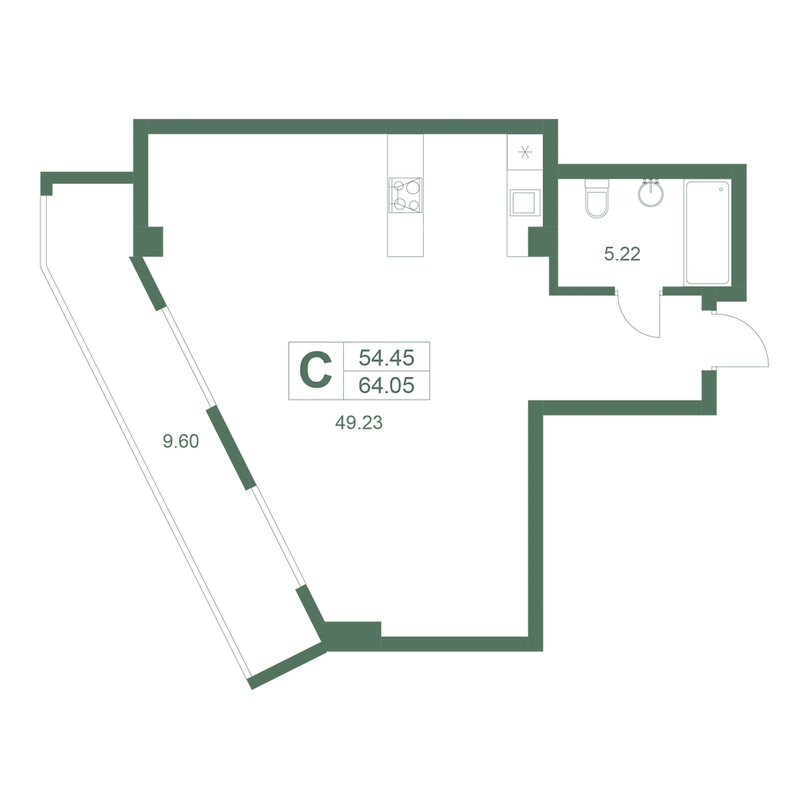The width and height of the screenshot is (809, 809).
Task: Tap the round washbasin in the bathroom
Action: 650,194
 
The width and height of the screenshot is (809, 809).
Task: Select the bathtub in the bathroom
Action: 707,232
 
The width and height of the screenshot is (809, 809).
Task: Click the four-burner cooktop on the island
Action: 405,195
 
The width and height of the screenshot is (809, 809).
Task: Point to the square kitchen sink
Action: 525,202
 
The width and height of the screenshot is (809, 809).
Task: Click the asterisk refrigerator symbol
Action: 525,152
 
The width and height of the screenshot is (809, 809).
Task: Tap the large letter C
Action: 316,371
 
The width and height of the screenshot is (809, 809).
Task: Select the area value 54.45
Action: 387,357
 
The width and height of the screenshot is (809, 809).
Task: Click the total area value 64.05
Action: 387,385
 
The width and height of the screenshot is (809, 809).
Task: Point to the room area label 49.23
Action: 359,423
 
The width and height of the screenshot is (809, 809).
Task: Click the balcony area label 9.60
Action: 180,441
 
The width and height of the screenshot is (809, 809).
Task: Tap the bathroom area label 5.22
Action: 622,254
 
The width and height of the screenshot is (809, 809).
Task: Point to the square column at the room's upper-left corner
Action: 148,241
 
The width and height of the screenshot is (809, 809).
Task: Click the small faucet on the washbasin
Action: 650,183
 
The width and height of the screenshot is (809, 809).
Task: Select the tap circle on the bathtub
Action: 721,190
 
